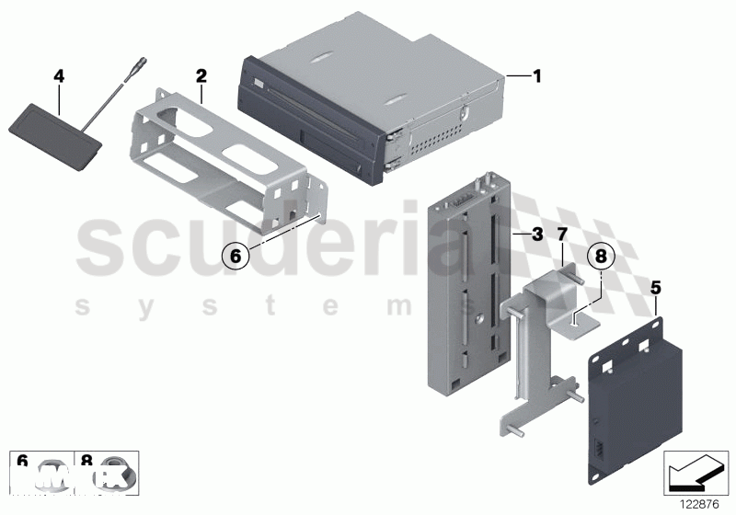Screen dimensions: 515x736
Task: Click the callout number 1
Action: [x=537, y=77]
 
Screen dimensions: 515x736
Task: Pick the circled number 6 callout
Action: [x=236, y=257]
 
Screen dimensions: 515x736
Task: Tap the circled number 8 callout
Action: [x=599, y=257]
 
